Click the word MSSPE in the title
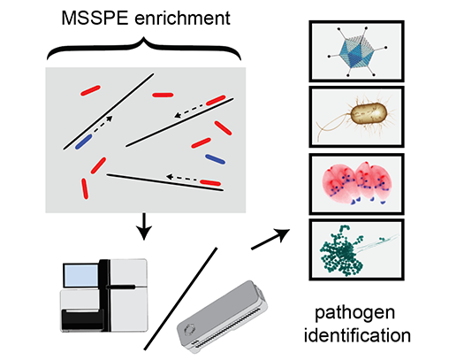click(95, 19)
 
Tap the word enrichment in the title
click(182, 19)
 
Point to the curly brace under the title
click(144, 49)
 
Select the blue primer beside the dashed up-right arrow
click(83, 142)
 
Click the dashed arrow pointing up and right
click(103, 125)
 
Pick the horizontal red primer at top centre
click(163, 95)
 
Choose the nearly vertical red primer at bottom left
click(85, 188)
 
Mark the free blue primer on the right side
click(215, 159)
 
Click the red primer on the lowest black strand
click(210, 183)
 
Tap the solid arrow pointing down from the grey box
click(144, 226)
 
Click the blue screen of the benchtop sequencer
click(81, 275)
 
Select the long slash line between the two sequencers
click(181, 299)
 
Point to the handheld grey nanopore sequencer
click(222, 317)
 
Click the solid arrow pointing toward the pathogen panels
click(270, 239)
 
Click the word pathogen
click(354, 312)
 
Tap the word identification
click(357, 335)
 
